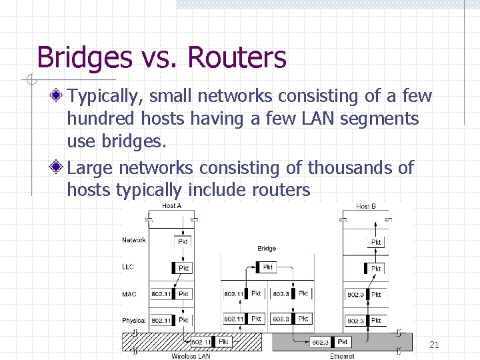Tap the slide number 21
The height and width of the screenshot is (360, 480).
[434, 345]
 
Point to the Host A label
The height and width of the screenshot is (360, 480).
[171, 206]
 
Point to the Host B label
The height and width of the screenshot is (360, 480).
[366, 206]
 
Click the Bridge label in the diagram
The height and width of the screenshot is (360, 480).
[267, 248]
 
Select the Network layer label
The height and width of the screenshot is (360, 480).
[133, 240]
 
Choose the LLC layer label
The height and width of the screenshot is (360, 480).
[128, 267]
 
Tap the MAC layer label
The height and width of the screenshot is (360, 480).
[129, 293]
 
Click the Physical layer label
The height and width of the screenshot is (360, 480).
[133, 321]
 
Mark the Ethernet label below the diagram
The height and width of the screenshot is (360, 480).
[342, 356]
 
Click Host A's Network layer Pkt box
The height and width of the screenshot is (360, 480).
[183, 242]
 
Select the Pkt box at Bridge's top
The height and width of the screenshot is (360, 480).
[267, 266]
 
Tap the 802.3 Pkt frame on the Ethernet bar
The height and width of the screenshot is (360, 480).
[330, 342]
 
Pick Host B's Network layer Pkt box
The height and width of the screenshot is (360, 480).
[376, 242]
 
